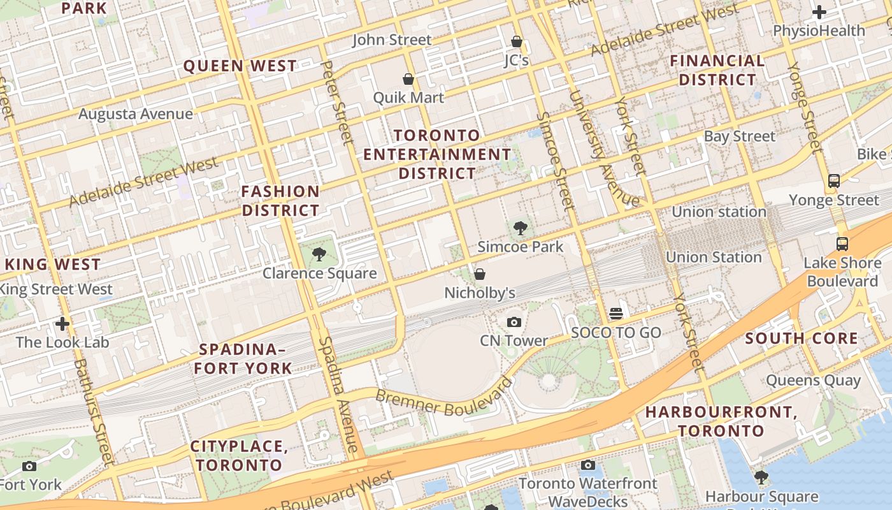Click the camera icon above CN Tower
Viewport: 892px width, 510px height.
tap(514, 322)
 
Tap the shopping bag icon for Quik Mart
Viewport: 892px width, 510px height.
tap(408, 79)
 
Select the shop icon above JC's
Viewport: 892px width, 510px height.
tap(517, 42)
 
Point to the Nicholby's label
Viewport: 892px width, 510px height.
tap(479, 293)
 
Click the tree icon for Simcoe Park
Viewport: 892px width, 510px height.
tap(521, 228)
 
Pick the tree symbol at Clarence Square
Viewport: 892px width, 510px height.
tap(319, 255)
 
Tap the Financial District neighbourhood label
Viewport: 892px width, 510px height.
tap(717, 70)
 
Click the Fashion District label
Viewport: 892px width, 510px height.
tap(280, 200)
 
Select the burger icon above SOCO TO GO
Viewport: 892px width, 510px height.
tap(615, 314)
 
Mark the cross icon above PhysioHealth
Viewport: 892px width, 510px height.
tap(819, 12)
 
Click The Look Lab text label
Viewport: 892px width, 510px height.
tap(62, 342)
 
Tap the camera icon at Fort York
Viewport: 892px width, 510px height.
tap(29, 466)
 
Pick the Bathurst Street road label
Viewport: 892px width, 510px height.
tap(94, 411)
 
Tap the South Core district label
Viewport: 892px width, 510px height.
tap(802, 338)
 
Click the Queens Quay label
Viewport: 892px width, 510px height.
tap(813, 381)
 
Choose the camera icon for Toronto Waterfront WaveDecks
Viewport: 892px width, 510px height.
tap(588, 465)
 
